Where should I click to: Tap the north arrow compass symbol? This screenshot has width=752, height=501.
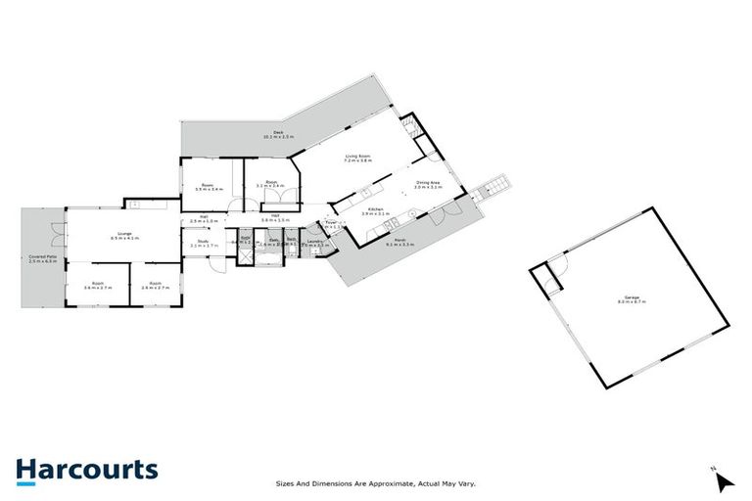pos(723,480)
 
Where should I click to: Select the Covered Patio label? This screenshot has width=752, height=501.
pos(43,259)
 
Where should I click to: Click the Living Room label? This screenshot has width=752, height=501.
pos(356,157)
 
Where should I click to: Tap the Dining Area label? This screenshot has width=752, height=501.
pos(429,184)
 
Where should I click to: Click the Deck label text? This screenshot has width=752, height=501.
pos(265,134)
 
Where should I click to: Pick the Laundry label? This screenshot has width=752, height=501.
pos(314,242)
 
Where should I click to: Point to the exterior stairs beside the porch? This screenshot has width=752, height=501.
pos(496,186)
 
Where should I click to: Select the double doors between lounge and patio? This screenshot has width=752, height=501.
pos(65,235)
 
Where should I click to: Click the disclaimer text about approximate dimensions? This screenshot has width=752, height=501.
pos(380,482)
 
